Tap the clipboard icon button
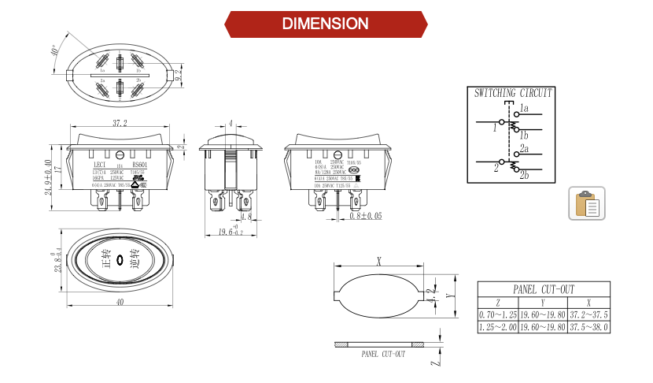(586, 204)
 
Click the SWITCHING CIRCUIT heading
(513, 92)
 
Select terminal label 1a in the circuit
(524, 107)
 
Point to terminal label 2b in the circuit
(524, 174)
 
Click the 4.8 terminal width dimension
(245, 216)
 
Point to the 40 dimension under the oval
(120, 302)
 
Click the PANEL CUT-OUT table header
(544, 289)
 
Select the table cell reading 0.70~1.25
(497, 314)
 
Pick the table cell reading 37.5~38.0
(588, 326)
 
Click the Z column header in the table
(497, 302)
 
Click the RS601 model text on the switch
(139, 165)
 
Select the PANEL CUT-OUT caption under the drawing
(383, 355)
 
